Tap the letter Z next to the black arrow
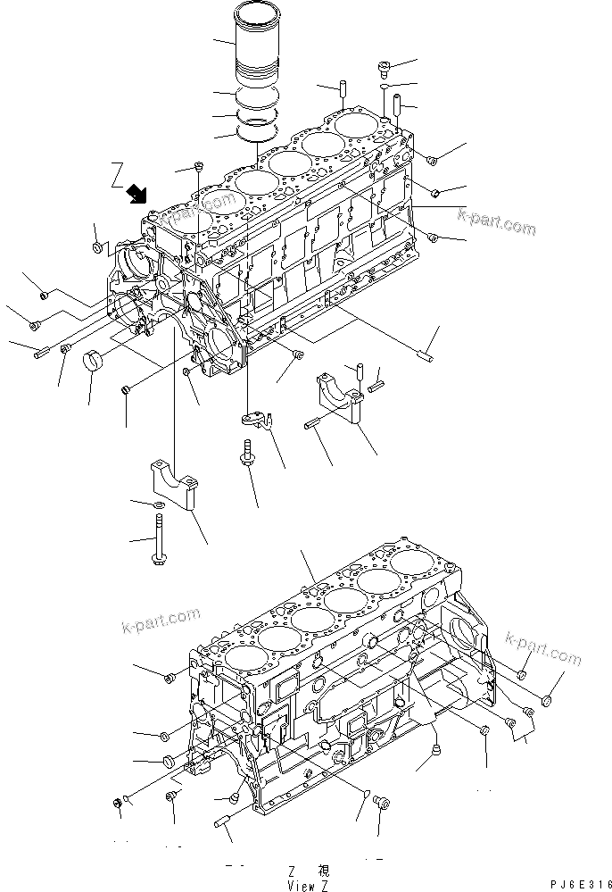(116, 174)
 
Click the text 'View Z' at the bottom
(302, 884)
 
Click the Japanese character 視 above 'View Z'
(323, 870)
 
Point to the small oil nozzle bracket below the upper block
(255, 418)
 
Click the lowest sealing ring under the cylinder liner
(255, 131)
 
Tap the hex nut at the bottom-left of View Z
(119, 805)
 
